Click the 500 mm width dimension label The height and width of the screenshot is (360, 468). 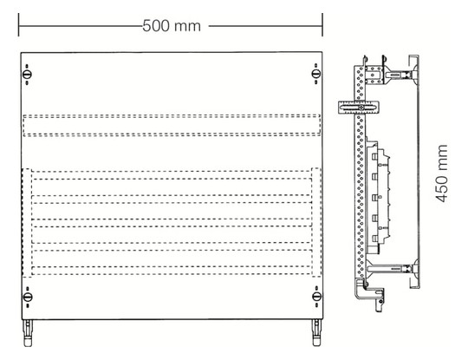click(172, 26)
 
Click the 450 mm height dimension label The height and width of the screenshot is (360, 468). click(442, 173)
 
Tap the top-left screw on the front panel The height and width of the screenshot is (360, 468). click(27, 74)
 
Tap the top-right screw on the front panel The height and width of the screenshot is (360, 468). click(316, 74)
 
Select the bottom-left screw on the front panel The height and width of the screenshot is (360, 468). click(28, 297)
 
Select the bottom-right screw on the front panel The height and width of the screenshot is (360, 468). click(316, 297)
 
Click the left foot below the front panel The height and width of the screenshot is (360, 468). click(28, 333)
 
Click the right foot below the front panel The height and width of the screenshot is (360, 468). click(316, 333)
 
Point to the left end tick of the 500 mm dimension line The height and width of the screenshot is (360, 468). click(18, 25)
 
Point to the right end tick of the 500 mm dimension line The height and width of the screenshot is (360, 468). click(322, 25)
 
